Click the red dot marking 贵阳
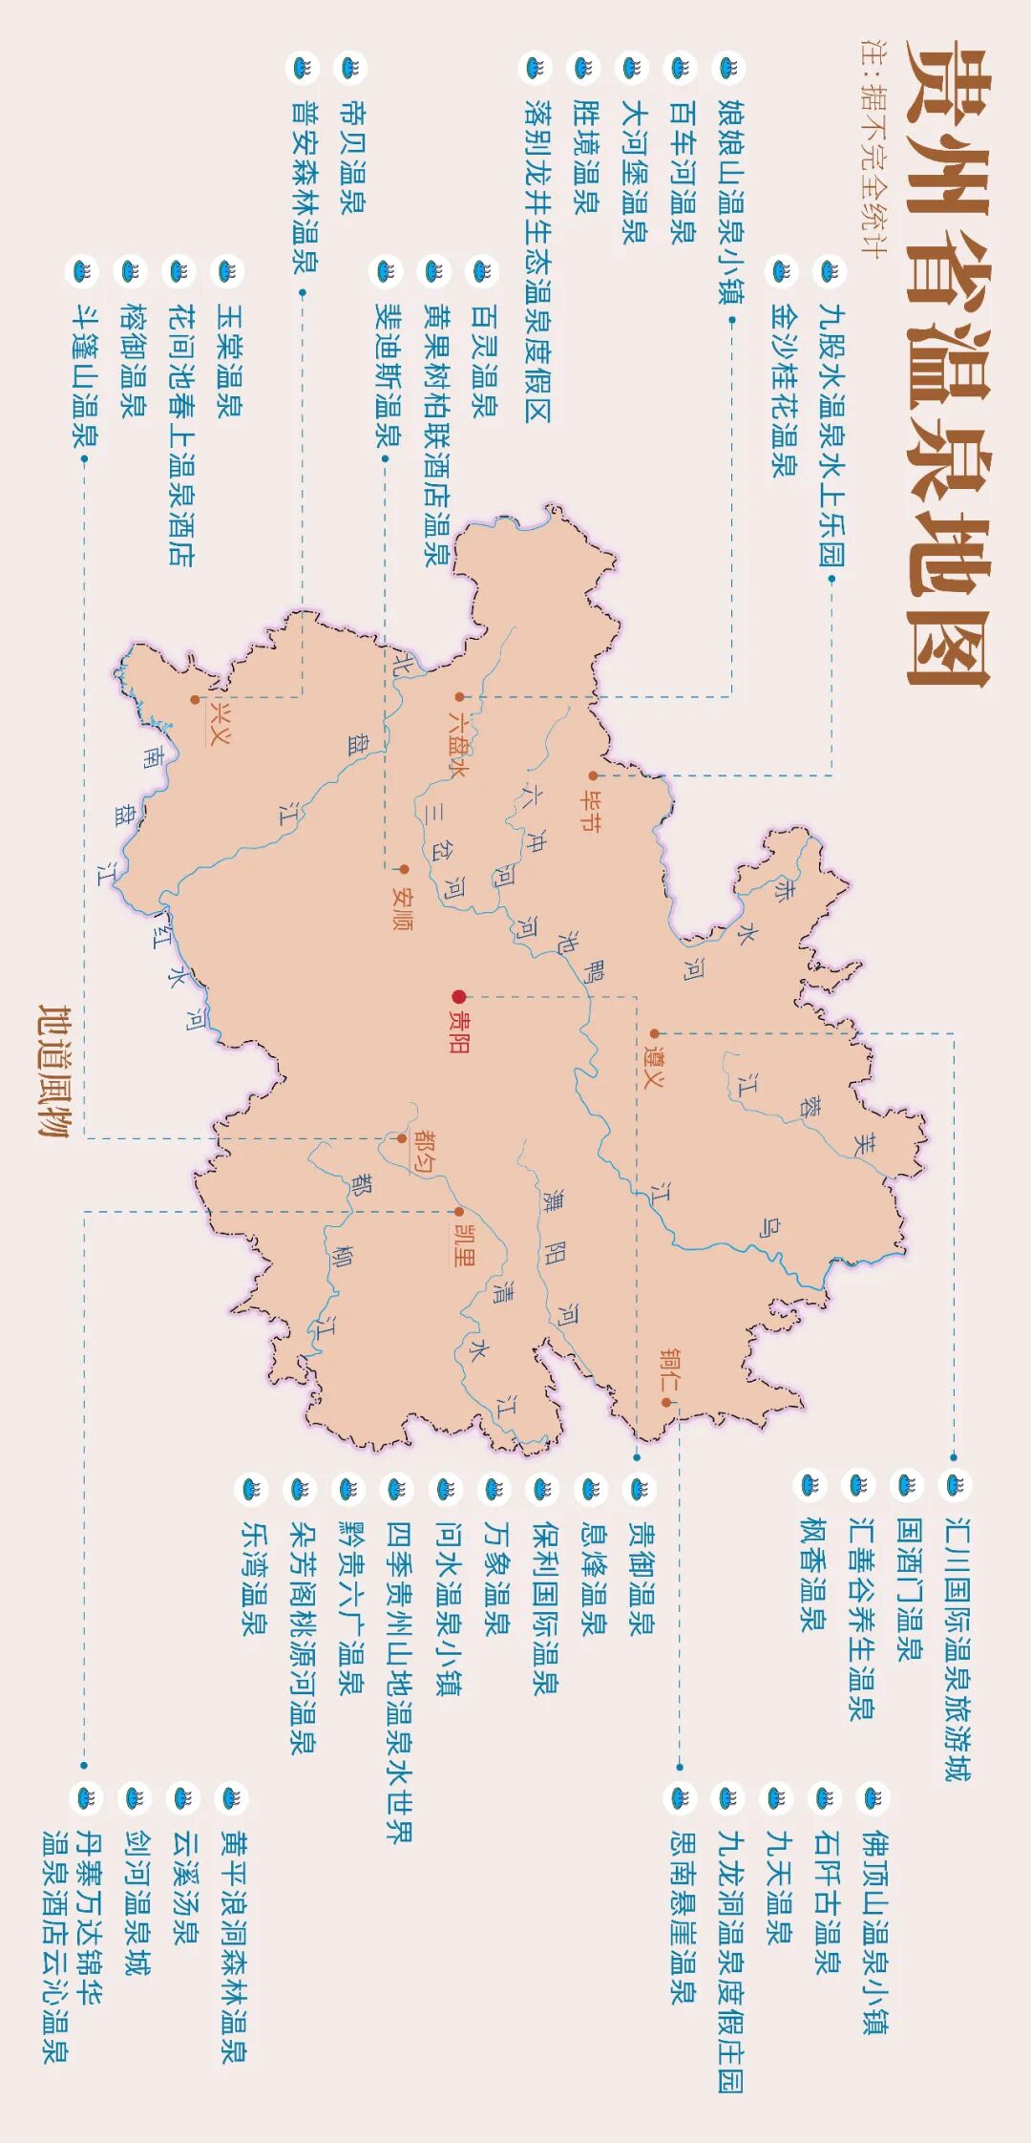click(x=459, y=996)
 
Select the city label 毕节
click(x=591, y=809)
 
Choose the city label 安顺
click(x=403, y=910)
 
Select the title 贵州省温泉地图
click(x=947, y=363)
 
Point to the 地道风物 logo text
click(x=54, y=1070)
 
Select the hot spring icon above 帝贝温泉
click(x=350, y=69)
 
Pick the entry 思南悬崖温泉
click(x=681, y=1915)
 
